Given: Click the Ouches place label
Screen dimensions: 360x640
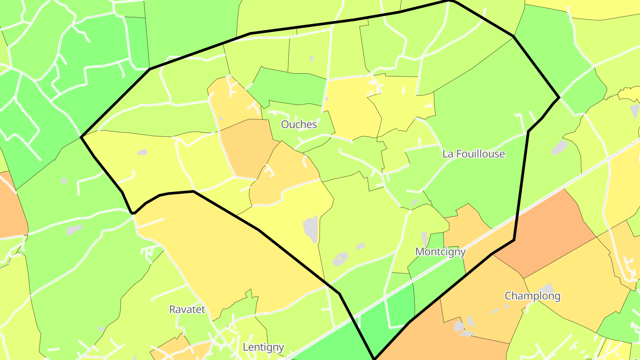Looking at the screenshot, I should pos(299,124).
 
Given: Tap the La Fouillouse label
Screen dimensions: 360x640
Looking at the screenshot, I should pos(473,154).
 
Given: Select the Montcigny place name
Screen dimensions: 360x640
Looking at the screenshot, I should pos(440,252).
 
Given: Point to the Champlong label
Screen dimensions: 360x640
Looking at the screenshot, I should pos(532,296).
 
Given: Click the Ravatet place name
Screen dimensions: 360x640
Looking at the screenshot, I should pos(187,309).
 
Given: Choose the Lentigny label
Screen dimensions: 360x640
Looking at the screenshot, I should pos(263,347).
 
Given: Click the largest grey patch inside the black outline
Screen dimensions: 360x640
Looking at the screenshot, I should pos(311,228).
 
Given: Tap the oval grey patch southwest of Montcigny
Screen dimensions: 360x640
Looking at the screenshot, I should pos(340,259).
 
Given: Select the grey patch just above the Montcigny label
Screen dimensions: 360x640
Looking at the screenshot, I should pos(424,238).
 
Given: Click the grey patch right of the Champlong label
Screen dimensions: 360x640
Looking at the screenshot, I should pos(547,288).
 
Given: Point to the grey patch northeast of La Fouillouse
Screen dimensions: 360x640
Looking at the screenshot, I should pos(560,147).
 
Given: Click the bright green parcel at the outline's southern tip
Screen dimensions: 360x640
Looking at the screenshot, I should pos(378,329).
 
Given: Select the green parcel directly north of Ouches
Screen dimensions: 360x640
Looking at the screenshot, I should pos(289,87).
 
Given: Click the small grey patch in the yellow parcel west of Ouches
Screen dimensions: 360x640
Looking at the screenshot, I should pos(142,152).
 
